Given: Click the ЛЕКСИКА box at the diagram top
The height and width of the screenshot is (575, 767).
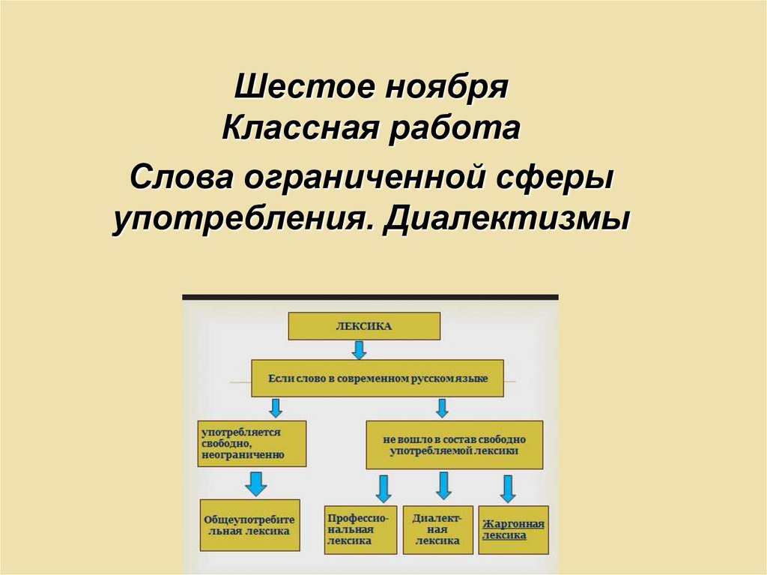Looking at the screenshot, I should click(365, 327).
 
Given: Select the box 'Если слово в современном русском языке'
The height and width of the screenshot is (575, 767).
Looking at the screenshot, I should click(378, 379).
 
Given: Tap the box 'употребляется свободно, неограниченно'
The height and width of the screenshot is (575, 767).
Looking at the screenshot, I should click(242, 443).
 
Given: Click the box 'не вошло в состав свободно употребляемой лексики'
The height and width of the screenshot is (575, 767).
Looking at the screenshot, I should click(454, 445).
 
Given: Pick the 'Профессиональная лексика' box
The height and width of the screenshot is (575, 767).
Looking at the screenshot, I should click(359, 529).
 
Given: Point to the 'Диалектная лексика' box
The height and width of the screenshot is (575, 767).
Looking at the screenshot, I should click(438, 529).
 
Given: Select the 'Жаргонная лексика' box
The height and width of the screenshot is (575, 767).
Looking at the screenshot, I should click(514, 529).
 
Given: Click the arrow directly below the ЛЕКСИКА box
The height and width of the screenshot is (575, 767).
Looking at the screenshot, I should click(359, 349).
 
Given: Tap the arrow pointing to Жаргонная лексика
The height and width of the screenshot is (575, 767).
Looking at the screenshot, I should click(508, 489).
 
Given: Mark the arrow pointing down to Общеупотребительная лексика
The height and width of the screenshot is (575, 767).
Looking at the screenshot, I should click(256, 483).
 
